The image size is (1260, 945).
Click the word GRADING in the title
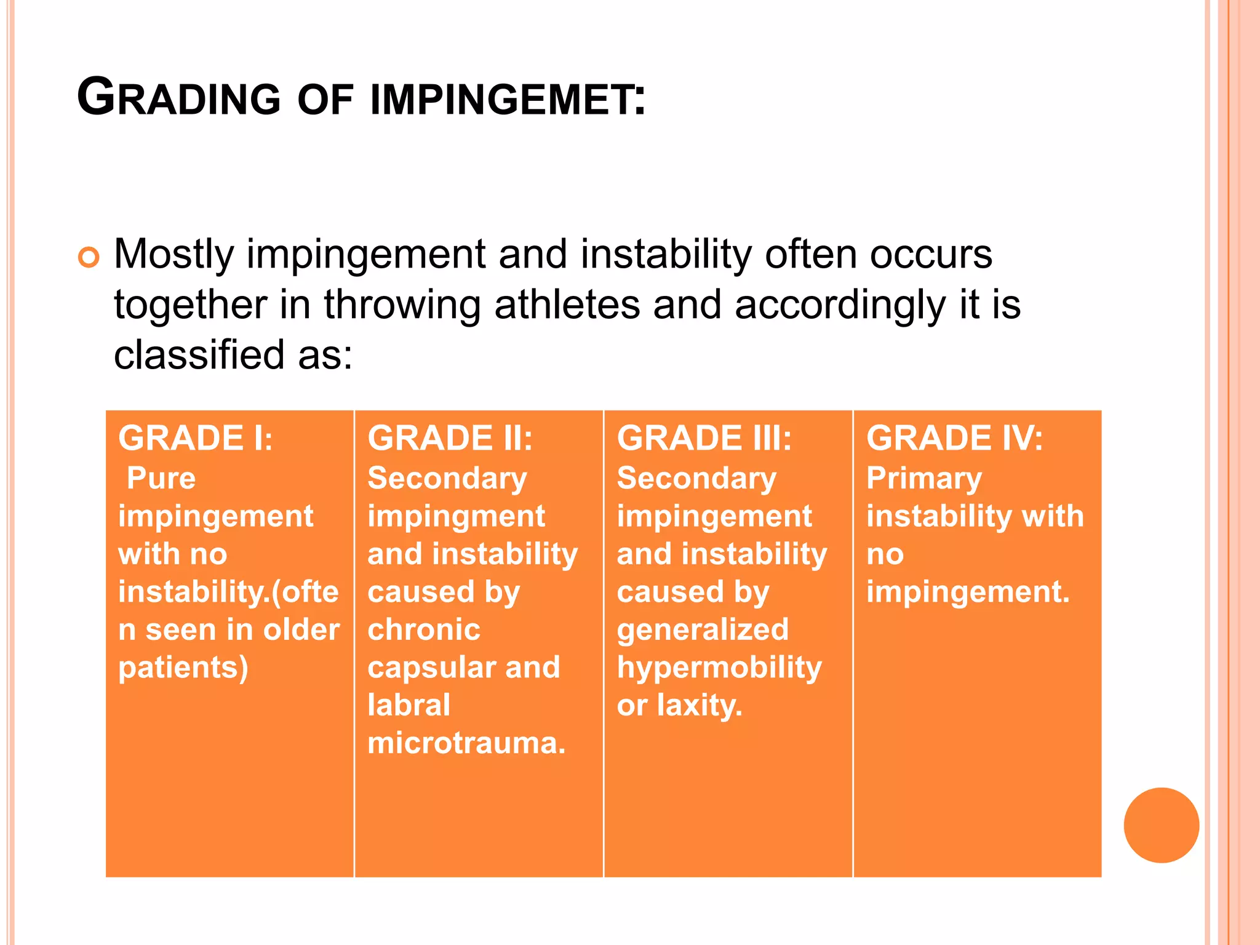tap(178, 98)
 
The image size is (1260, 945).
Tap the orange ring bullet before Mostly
tap(89, 257)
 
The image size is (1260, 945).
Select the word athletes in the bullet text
tap(567, 305)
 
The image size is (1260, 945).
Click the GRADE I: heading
tap(195, 439)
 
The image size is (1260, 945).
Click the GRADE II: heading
tap(450, 439)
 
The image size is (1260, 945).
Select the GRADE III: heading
tap(704, 439)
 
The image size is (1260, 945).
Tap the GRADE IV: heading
tap(954, 439)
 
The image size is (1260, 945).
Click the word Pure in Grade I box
tap(161, 479)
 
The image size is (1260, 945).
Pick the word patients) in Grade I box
tap(183, 668)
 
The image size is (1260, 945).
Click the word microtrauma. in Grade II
tap(466, 743)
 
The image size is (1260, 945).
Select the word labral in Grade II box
tap(409, 705)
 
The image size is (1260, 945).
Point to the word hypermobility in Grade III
tap(719, 668)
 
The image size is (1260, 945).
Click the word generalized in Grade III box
tap(703, 630)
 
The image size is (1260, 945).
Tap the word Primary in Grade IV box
tap(923, 479)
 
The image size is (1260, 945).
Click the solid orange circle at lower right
tap(1161, 825)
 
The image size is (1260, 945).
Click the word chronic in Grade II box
tap(424, 630)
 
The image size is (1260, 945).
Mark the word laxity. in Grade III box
tap(700, 706)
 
